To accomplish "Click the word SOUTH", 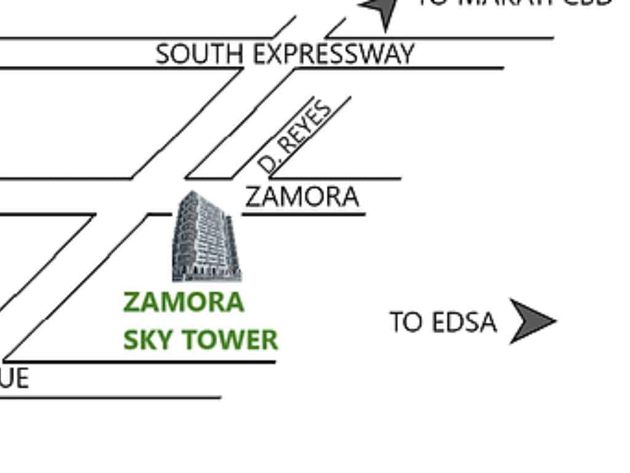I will [x=198, y=54].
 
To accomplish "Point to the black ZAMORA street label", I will [x=301, y=197].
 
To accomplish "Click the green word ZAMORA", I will [x=183, y=302].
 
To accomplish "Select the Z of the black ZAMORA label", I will [x=253, y=197].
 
